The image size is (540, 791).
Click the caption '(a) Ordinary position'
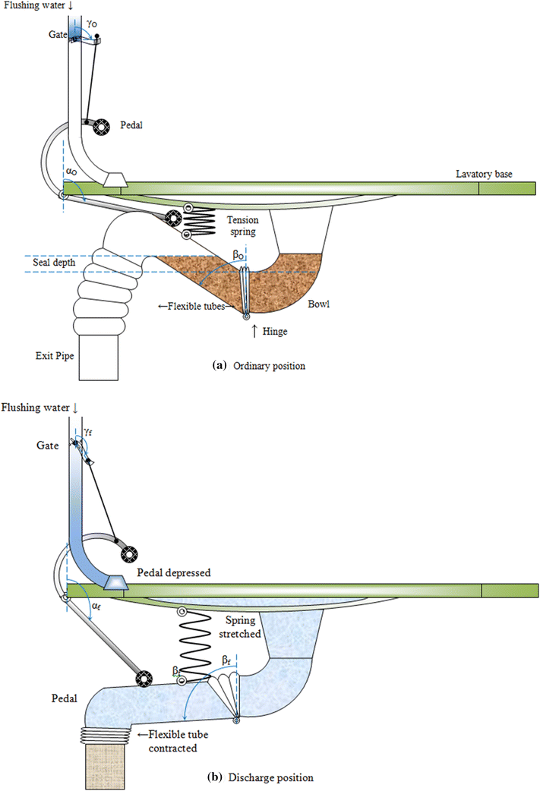259,365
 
